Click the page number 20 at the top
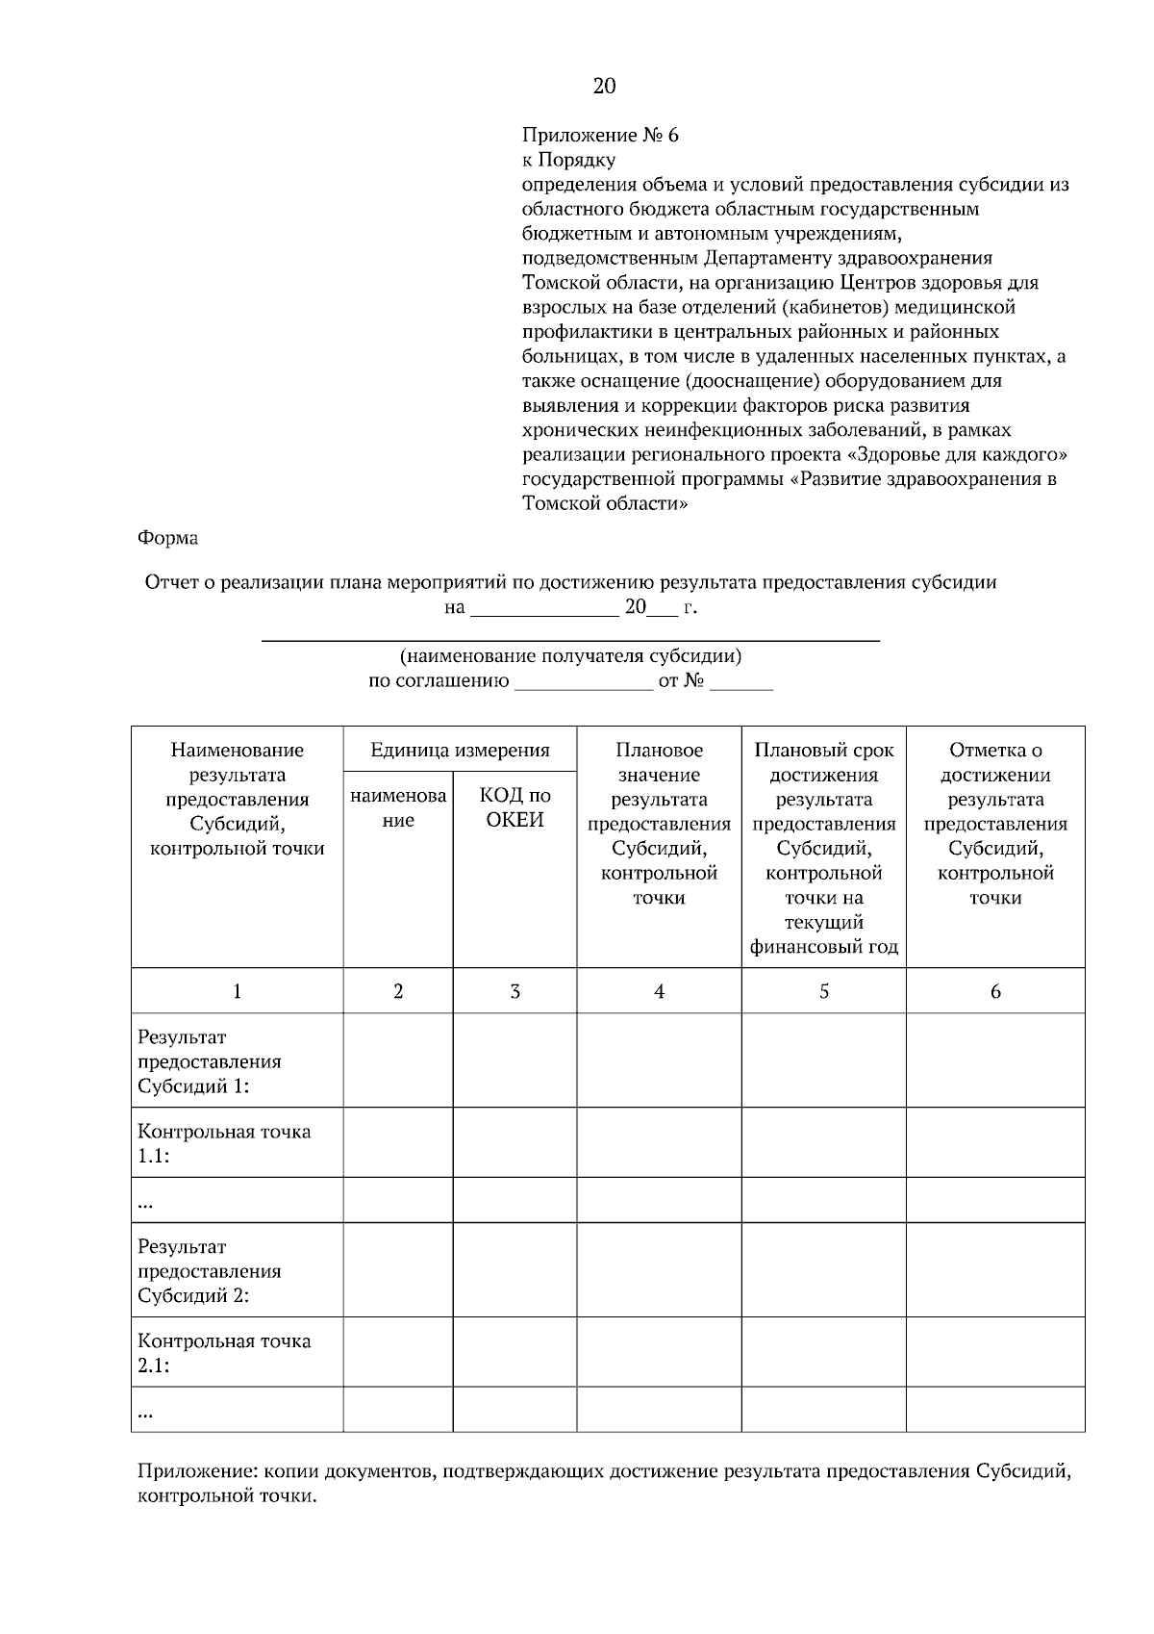tap(604, 87)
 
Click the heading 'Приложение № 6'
tap(600, 135)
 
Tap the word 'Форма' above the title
tap(168, 538)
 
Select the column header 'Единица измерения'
tap(460, 750)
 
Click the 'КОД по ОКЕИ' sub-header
tap(514, 807)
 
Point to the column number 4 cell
tap(659, 991)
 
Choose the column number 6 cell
tap(995, 991)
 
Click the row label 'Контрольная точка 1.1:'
tap(224, 1143)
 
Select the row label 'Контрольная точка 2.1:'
tap(224, 1352)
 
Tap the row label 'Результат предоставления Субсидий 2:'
tap(210, 1270)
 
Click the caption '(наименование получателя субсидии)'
tap(570, 656)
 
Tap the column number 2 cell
tap(398, 991)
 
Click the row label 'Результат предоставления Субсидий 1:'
tap(210, 1061)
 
